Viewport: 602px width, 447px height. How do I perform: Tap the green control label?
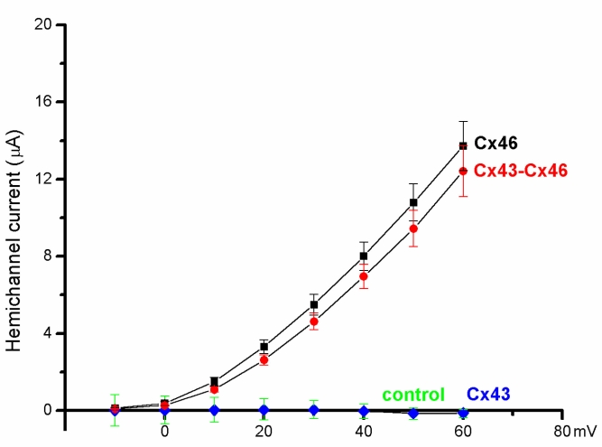(412, 395)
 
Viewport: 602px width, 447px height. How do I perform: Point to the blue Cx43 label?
(487, 395)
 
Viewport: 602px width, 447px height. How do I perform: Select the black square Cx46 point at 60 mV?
(463, 145)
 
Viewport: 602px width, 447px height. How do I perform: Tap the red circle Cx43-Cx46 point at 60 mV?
(463, 171)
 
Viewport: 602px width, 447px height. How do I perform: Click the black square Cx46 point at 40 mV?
(364, 256)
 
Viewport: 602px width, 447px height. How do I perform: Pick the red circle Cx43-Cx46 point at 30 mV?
(314, 321)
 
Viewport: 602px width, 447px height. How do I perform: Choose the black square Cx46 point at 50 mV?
(413, 202)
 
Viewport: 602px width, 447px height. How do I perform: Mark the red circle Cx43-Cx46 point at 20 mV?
(264, 359)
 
